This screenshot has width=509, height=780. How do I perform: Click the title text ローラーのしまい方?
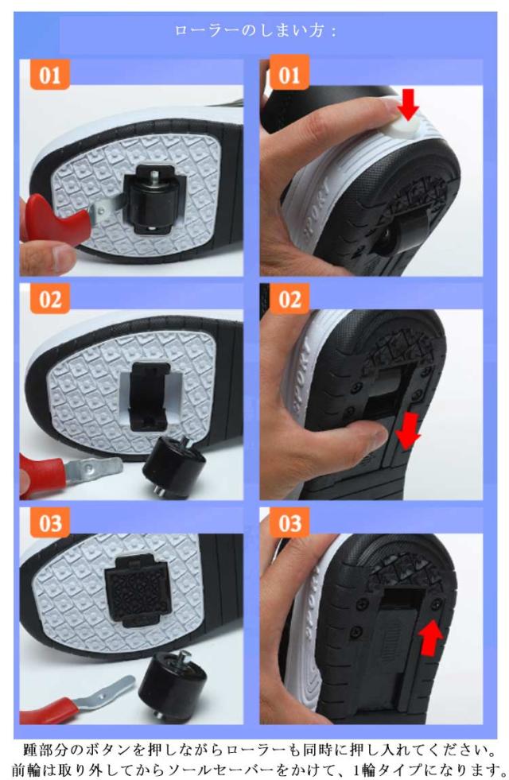coord(255,31)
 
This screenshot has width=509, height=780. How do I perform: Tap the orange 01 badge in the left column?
coord(50,75)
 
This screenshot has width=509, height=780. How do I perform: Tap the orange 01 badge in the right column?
coord(289,75)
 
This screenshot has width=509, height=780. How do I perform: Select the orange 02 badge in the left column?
coord(50,299)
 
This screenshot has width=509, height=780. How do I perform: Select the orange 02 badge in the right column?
coord(289,299)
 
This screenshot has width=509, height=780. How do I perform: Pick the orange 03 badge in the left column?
coord(50,523)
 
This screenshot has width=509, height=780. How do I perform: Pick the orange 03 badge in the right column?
coord(289,523)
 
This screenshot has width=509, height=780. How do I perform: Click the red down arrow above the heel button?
coord(409,104)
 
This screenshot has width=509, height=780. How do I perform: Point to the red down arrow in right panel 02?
coord(407,431)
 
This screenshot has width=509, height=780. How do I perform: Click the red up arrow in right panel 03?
coord(430,637)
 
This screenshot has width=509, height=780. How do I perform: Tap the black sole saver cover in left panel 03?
coord(134,590)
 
